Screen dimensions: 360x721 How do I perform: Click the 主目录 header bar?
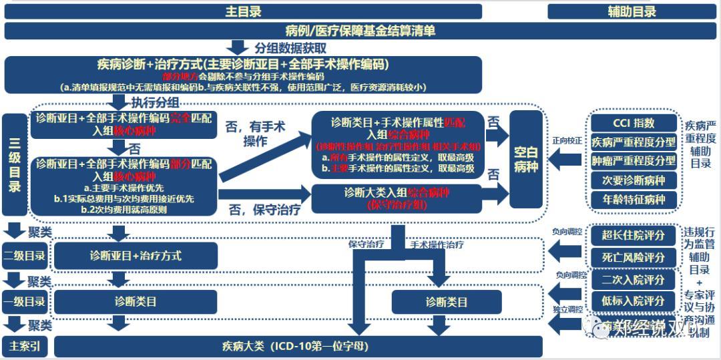(243, 11)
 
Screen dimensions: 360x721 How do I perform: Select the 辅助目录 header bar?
(632, 11)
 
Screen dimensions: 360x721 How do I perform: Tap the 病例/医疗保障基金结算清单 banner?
(360, 31)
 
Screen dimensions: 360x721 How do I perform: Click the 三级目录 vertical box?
(15, 164)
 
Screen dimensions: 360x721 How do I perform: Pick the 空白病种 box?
(526, 159)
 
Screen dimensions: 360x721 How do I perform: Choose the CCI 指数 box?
(634, 124)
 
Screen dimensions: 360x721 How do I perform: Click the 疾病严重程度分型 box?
(634, 142)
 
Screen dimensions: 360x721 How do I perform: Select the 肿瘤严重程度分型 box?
(634, 161)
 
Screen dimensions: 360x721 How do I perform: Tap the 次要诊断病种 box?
(634, 180)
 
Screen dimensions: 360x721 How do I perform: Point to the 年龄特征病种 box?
(634, 199)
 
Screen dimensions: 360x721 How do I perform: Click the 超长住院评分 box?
(634, 235)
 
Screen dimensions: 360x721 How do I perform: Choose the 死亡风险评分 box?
(634, 257)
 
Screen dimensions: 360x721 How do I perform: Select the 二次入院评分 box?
(634, 280)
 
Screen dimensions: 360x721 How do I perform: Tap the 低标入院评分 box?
(634, 301)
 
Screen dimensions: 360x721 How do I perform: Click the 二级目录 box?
(25, 256)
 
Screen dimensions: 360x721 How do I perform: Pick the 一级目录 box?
(25, 302)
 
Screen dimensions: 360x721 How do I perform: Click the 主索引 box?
(25, 347)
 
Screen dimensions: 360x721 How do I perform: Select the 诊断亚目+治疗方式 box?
(136, 256)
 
